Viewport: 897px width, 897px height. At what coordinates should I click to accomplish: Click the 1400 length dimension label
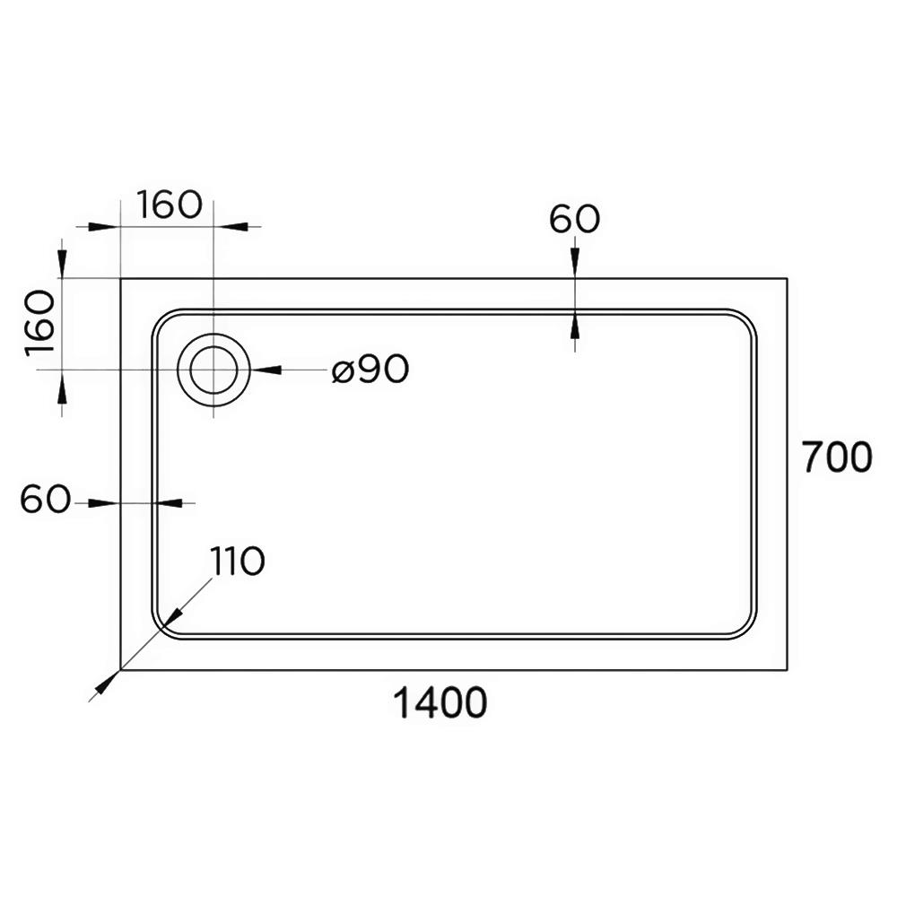(440, 703)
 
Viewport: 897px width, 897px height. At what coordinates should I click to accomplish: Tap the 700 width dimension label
(837, 457)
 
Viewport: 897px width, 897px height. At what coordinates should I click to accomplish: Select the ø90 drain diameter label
(370, 369)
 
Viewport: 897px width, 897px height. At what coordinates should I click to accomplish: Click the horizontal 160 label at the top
(170, 205)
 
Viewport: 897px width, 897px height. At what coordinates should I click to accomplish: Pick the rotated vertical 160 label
(40, 323)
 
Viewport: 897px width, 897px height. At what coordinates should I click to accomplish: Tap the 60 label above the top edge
(574, 219)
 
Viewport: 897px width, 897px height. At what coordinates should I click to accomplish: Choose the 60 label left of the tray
(45, 499)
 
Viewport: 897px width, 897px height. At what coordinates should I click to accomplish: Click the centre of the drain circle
(213, 370)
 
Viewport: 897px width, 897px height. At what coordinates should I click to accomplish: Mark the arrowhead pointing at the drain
(266, 370)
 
